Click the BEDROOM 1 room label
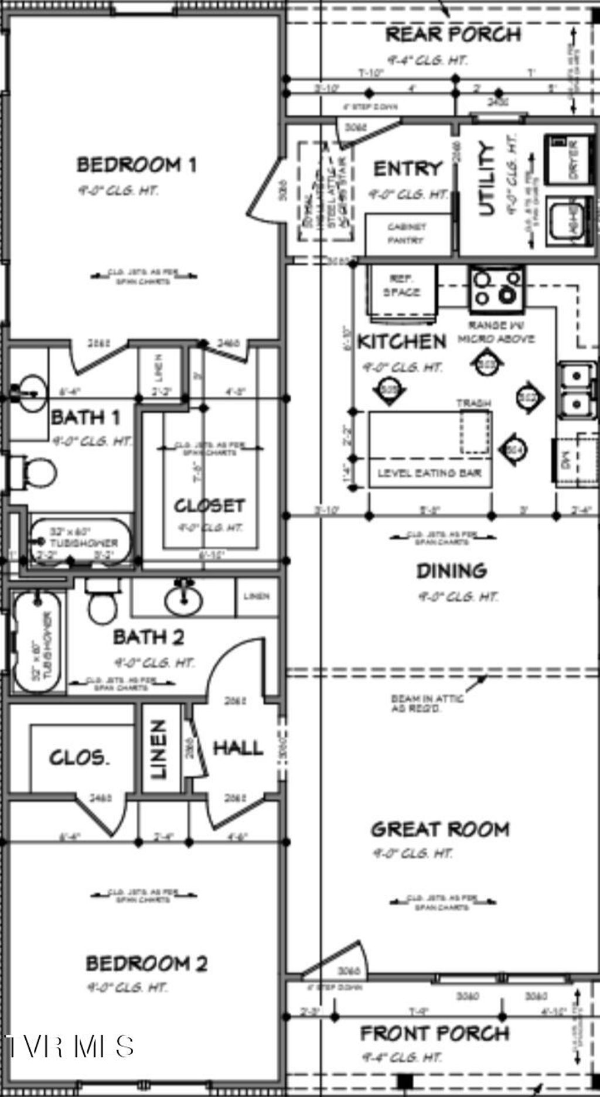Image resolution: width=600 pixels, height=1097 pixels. [137, 165]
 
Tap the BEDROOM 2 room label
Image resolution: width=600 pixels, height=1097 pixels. [146, 963]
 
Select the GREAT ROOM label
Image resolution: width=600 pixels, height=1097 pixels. [440, 829]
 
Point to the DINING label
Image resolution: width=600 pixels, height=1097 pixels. [451, 570]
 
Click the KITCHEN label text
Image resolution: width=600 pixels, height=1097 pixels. [402, 341]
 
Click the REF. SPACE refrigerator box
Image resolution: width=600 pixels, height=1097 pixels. [402, 291]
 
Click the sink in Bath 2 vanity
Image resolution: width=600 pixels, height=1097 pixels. [183, 599]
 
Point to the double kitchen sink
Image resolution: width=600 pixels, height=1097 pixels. [577, 388]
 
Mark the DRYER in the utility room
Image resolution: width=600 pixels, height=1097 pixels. [571, 159]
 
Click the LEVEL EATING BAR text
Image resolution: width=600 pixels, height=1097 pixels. [429, 473]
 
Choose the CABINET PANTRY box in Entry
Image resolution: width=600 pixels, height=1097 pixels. [407, 234]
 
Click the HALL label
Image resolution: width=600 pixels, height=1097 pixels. [237, 747]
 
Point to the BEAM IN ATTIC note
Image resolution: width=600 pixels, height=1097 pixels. [427, 703]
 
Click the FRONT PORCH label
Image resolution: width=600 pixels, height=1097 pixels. [434, 1033]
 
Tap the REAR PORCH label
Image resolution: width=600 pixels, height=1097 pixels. [453, 35]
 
